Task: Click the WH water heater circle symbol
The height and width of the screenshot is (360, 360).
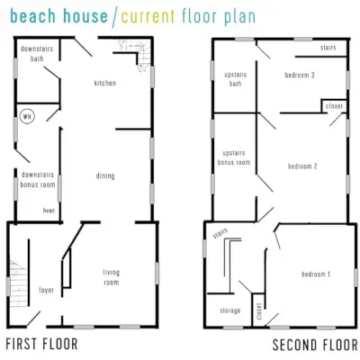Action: coord(27,116)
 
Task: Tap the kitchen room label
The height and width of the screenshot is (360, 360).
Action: coord(105,83)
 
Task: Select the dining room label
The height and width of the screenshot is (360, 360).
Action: coord(105,175)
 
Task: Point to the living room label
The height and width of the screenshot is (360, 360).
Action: coord(111,277)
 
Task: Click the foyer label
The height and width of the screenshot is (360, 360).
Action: coord(47,290)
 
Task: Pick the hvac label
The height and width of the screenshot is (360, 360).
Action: coord(49,211)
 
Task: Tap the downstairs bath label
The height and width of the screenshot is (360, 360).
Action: coord(37,53)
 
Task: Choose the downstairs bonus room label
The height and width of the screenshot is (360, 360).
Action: coord(38,179)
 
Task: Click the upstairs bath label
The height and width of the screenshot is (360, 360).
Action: coord(236,79)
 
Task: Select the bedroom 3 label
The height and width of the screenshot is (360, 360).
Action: coord(300,75)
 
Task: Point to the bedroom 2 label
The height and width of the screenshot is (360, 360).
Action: coord(302,166)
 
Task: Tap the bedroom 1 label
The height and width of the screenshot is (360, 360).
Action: coord(316,274)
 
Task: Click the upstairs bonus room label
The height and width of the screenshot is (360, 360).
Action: coord(234,157)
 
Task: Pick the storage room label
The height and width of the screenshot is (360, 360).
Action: coord(230,310)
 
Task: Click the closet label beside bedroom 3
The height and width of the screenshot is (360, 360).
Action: coord(334,106)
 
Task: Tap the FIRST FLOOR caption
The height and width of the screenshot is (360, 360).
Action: coord(41,344)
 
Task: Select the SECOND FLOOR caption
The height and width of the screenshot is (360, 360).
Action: coord(315,345)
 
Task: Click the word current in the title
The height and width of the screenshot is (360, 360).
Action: coord(148,16)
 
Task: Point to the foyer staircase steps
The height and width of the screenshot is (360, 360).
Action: coord(18,283)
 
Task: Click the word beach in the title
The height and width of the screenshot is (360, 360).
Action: coord(33,15)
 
